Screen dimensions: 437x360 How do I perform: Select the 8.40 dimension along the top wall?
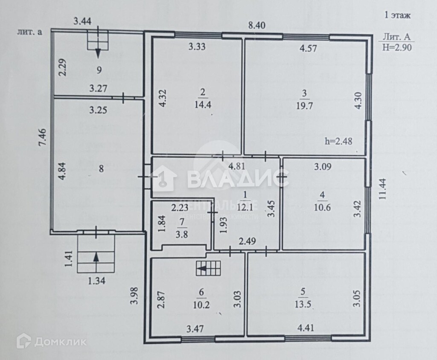(x=257, y=26)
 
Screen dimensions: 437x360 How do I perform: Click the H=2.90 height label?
(x=397, y=47)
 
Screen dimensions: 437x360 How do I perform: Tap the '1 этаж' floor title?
(x=397, y=16)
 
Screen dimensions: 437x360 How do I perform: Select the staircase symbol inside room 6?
(x=208, y=268)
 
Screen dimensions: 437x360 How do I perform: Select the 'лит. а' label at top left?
(x=29, y=32)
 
